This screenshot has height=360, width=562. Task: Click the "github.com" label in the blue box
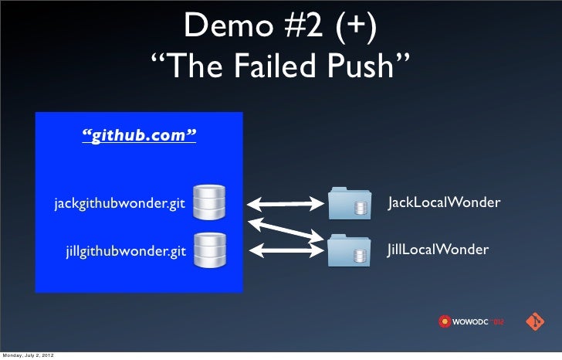coord(140,137)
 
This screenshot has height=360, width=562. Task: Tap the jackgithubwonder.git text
coord(120,205)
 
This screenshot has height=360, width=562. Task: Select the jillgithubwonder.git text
coord(126,250)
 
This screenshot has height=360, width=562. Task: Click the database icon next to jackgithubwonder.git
coord(208,202)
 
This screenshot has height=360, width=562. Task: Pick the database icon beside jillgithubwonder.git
coord(208,250)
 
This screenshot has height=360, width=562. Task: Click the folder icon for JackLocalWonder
coord(350,203)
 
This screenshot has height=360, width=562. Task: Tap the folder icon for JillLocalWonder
coord(350,250)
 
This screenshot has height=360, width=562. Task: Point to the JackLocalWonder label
coord(444,202)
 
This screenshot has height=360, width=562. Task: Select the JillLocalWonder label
coord(438,250)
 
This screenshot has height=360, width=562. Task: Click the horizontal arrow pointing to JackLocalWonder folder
coord(285,205)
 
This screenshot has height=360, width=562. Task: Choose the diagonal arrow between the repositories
coord(285,228)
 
